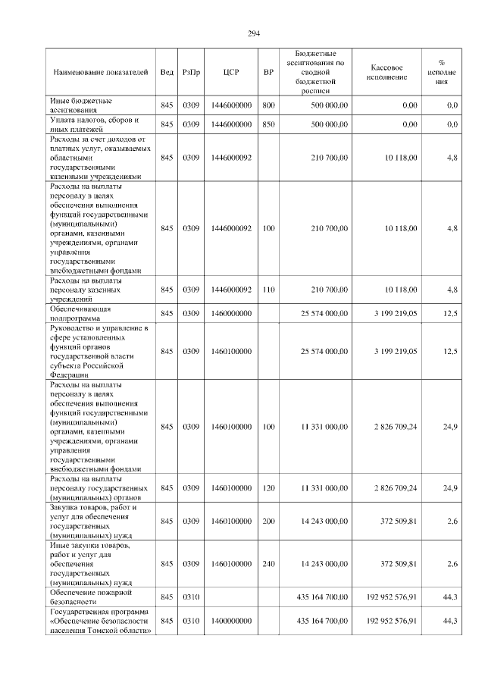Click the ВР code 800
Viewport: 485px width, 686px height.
[268, 105]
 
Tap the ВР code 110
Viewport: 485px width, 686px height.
[268, 290]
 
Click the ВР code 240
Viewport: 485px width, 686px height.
[268, 563]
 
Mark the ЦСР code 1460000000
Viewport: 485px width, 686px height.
[231, 313]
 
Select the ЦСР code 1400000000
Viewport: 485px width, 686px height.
[231, 621]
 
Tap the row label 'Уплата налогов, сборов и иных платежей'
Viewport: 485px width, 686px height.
[94, 124]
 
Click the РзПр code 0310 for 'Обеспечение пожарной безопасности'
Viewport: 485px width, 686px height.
[191, 597]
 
